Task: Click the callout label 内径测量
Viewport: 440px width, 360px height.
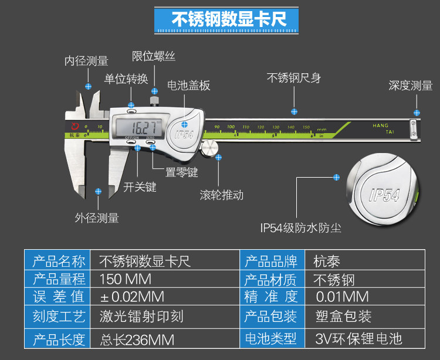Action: pos(86,61)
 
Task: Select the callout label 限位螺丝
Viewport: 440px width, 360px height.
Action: pos(154,56)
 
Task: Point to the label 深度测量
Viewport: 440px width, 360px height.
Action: pos(411,86)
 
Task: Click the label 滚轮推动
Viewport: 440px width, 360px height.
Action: pos(221,195)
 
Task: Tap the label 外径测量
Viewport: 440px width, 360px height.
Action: pos(97,218)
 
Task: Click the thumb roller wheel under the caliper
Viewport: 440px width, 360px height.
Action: pos(209,148)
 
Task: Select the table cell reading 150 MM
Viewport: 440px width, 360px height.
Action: pos(126,278)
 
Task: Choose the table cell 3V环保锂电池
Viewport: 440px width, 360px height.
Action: pos(358,338)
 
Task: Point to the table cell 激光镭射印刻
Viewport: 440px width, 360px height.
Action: pos(141,317)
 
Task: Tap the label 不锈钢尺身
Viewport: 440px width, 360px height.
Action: pos(293,78)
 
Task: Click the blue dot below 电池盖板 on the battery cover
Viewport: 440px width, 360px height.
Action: pos(185,124)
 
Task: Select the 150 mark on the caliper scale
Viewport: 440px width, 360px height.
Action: pos(306,127)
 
